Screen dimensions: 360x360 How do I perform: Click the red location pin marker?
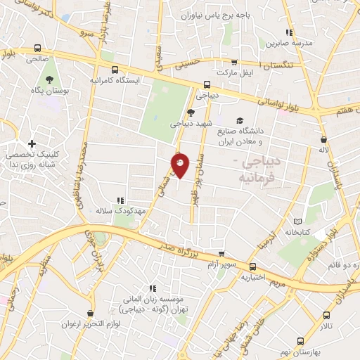[x=181, y=165]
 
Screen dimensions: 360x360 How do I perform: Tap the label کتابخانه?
[x=298, y=231]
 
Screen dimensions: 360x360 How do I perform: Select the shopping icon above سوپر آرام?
[x=222, y=255]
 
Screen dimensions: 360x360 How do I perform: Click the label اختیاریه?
[x=255, y=276]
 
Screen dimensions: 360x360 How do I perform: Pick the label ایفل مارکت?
[x=234, y=72]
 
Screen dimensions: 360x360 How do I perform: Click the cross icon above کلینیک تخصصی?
[x=31, y=144]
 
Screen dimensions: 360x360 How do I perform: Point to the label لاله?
[x=323, y=150]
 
